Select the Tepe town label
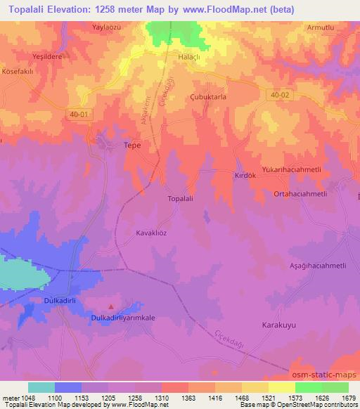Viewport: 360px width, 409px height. click(x=132, y=145)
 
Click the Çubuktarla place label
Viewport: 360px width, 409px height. click(x=207, y=98)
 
